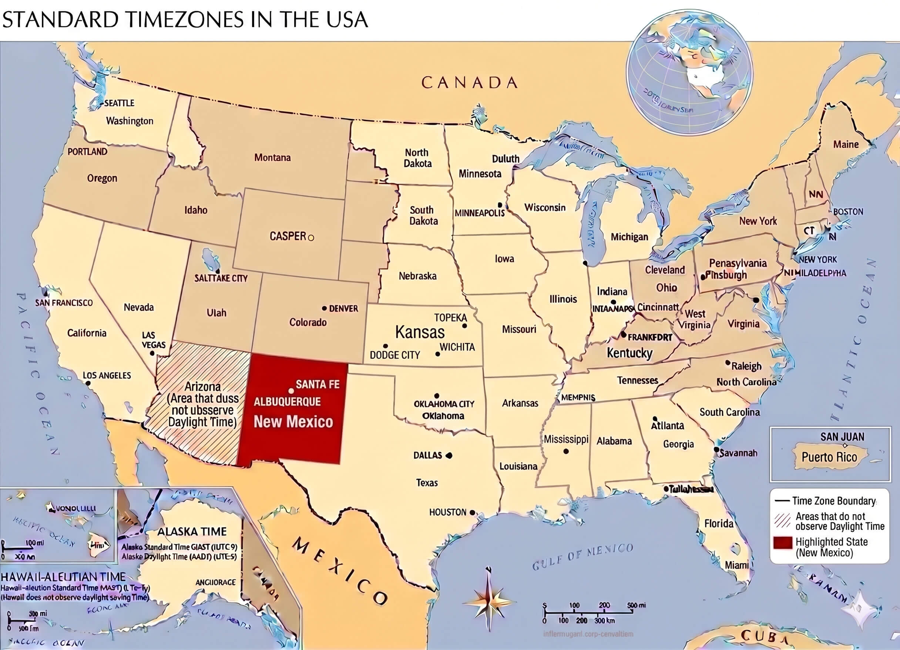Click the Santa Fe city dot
(x=291, y=391)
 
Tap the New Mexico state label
(x=293, y=422)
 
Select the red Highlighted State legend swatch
(x=783, y=543)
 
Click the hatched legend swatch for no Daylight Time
(x=783, y=521)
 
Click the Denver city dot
(x=324, y=308)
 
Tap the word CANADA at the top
(x=470, y=82)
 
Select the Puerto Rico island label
(x=829, y=457)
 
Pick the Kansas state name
(x=420, y=332)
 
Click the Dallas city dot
(x=449, y=455)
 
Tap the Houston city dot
(x=472, y=512)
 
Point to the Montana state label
(x=272, y=158)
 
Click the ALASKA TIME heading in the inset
(x=192, y=531)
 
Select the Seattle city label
(x=119, y=103)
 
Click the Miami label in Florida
(x=736, y=565)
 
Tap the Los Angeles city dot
(x=88, y=383)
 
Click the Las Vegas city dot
(x=152, y=353)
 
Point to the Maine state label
(x=846, y=144)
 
